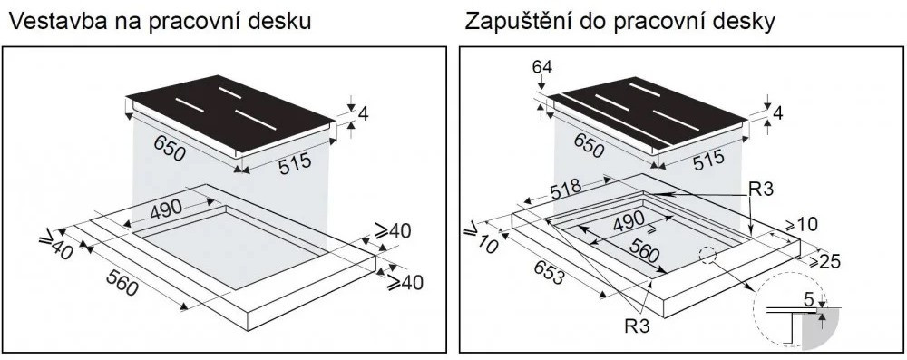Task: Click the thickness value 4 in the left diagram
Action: pyautogui.click(x=364, y=115)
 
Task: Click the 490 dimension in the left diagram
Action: pyautogui.click(x=165, y=210)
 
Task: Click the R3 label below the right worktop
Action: pyautogui.click(x=638, y=326)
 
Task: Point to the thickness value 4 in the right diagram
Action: pyautogui.click(x=777, y=113)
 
